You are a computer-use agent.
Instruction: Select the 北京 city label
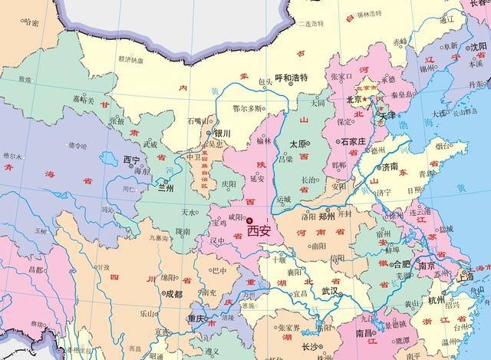(x=354, y=100)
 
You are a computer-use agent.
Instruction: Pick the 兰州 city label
(x=166, y=187)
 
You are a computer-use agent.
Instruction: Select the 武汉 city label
(x=331, y=292)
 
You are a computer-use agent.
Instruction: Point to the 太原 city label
(x=299, y=144)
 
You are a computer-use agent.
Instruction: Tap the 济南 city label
(x=390, y=166)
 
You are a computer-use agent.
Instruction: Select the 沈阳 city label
(x=479, y=47)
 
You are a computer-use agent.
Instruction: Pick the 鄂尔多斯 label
(x=247, y=108)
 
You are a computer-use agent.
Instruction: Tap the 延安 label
(x=258, y=179)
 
